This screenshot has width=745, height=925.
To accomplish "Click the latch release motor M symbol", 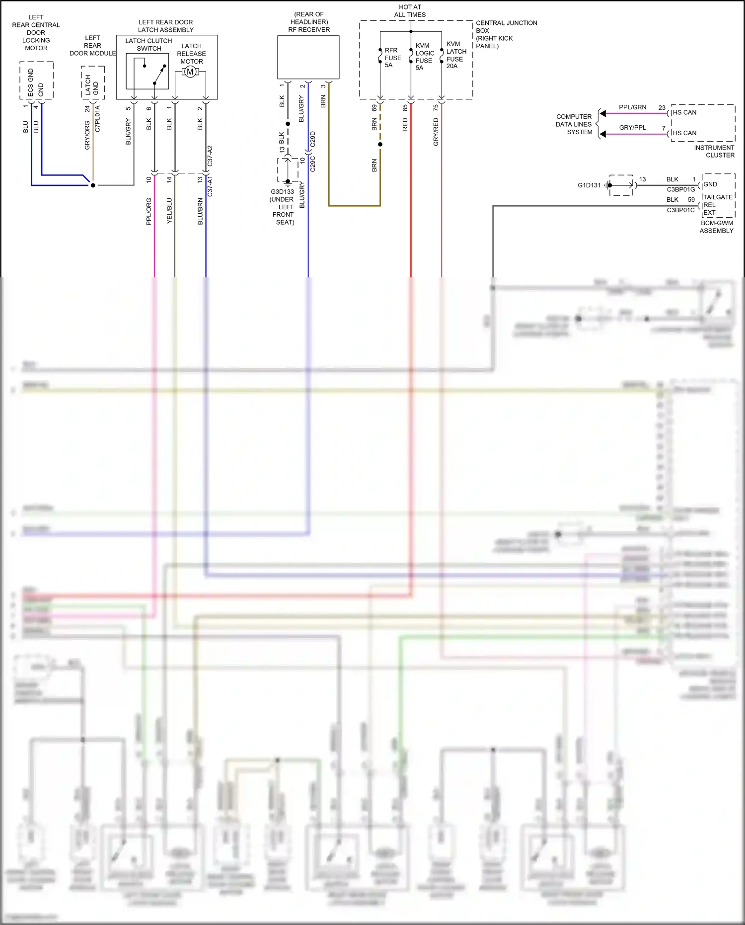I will (x=190, y=72).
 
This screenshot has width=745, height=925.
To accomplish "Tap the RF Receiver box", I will (x=308, y=57).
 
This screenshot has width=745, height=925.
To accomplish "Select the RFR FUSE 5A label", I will (x=392, y=58).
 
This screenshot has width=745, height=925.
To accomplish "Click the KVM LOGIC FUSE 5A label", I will (x=424, y=57).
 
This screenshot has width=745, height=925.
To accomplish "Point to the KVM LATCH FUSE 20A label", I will (x=456, y=55).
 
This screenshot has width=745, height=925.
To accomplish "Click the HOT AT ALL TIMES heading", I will (x=410, y=11).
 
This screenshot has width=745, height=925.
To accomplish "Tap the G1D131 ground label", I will (x=589, y=185).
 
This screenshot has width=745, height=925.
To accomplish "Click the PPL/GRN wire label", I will (x=632, y=107).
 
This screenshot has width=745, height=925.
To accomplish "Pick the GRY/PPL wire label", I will (x=632, y=128).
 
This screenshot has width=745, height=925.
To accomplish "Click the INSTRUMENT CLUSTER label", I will (x=714, y=152).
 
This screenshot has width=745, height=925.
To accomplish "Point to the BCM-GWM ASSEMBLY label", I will (x=716, y=227).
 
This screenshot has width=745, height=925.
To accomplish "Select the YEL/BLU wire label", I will (x=169, y=211).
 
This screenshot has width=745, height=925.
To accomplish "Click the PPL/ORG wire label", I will (x=149, y=212).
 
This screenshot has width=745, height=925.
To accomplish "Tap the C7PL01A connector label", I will (x=97, y=118).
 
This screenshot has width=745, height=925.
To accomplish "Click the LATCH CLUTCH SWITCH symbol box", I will (x=147, y=71).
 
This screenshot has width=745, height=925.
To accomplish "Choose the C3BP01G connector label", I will (x=680, y=189).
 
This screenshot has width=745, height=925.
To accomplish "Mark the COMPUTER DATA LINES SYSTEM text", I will (x=574, y=124).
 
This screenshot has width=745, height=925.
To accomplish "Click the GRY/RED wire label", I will (x=436, y=132).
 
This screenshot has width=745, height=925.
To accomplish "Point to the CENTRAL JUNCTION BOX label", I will (x=506, y=34).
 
